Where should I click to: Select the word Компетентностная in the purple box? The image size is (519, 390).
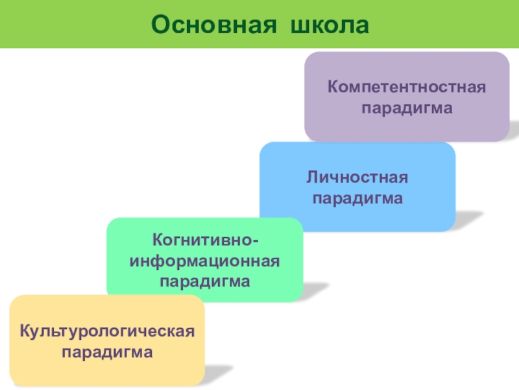[x=407, y=87]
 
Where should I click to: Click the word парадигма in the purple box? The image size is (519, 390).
[x=407, y=105]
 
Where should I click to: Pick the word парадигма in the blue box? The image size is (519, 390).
[x=357, y=197]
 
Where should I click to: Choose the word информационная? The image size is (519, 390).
[x=205, y=262]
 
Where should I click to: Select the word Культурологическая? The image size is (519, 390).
[x=107, y=332]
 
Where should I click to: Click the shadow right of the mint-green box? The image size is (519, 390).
[x=316, y=289]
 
